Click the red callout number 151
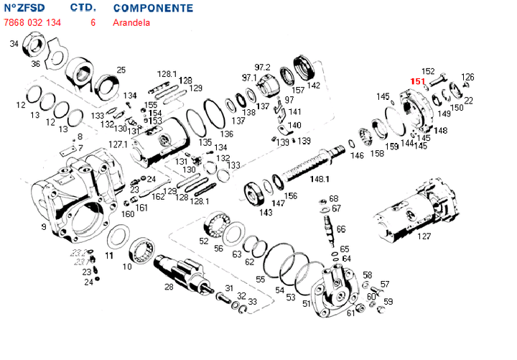pos(417,81)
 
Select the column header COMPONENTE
pos(153,9)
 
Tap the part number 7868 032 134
pos(32,22)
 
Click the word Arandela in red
pos(131,22)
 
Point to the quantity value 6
pos(93,22)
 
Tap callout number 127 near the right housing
pos(424,236)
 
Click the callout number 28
pos(169,287)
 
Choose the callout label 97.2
pos(262,67)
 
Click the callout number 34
pos(14,44)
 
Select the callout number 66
pos(340,229)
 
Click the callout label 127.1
pos(118,144)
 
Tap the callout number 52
pos(204,241)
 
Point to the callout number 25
pos(121,70)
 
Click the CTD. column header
pos(83,9)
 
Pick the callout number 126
pos(467,77)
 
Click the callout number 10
pos(127,267)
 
